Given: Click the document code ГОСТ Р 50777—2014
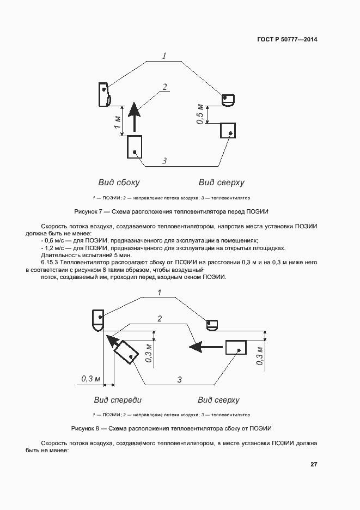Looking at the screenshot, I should [x=286, y=40].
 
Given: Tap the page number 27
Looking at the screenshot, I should [x=314, y=465].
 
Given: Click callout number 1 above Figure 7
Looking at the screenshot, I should [x=163, y=55].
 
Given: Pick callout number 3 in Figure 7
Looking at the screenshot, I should [x=164, y=160].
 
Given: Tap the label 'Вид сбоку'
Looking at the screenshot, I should [x=119, y=183].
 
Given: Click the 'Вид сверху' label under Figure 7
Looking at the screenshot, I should [x=221, y=183].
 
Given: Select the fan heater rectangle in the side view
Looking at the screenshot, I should [x=135, y=147].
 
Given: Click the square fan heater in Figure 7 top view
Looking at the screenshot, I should [x=228, y=131].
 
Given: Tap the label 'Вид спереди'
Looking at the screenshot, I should [x=118, y=400].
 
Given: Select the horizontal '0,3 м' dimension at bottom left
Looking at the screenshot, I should [x=91, y=378].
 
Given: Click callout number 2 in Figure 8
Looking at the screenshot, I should [x=160, y=318].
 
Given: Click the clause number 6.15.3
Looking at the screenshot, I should [x=52, y=262].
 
